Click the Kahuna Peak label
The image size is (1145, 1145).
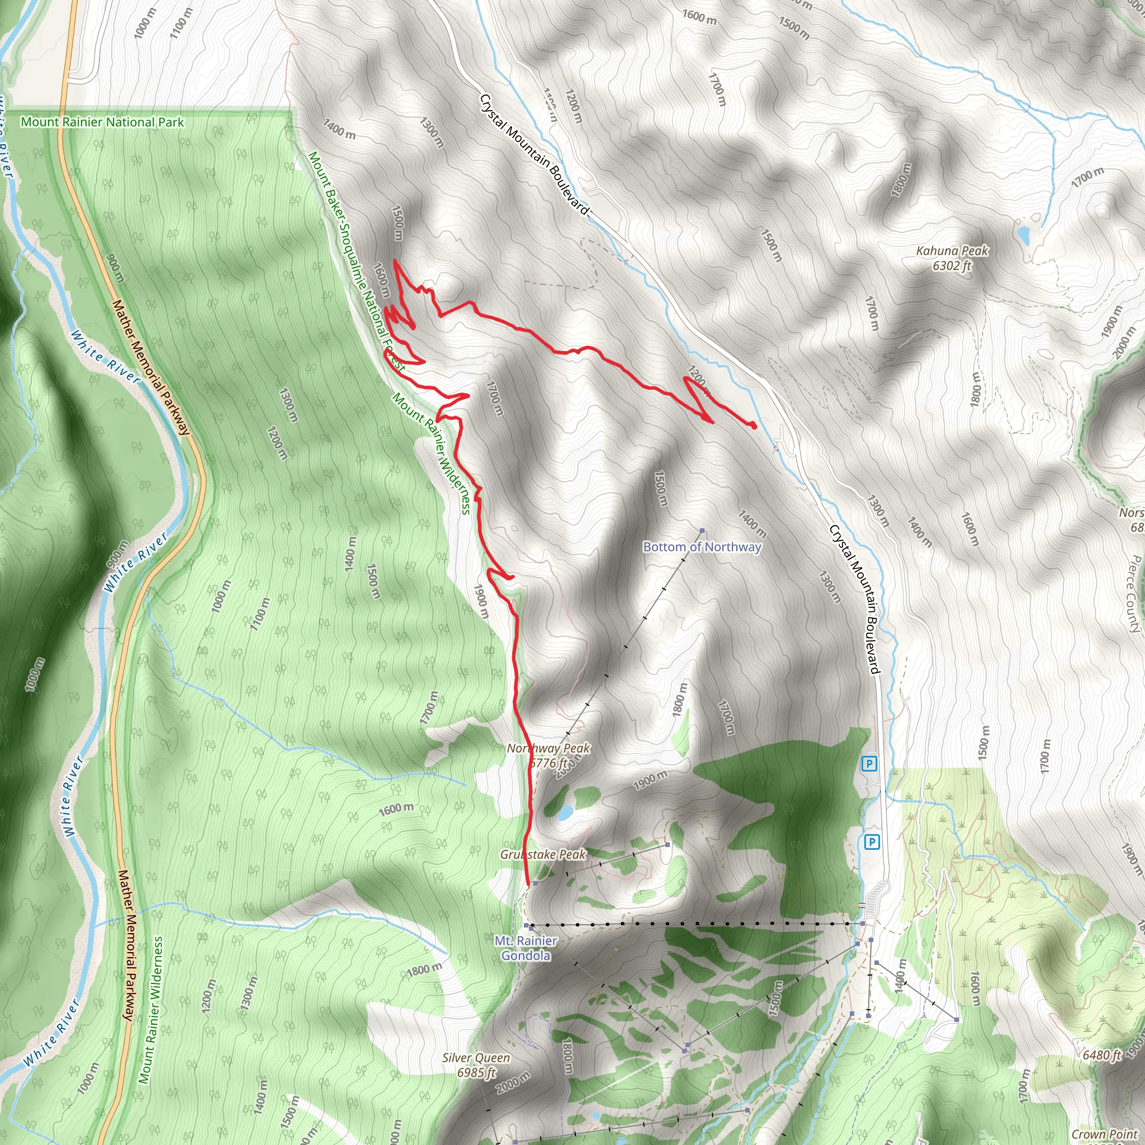952,258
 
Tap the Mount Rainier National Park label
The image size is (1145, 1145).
102,122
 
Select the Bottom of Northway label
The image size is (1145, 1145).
702,546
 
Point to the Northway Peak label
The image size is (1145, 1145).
548,755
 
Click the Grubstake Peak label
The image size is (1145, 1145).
543,854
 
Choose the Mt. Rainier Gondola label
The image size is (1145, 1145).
526,948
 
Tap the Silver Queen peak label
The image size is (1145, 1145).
476,1064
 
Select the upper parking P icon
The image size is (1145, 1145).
869,763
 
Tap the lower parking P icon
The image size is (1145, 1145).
871,841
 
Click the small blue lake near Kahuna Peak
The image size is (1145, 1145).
1023,234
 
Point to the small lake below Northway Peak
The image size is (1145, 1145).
564,811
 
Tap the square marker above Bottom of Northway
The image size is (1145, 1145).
702,531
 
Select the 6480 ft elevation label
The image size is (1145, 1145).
1102,1054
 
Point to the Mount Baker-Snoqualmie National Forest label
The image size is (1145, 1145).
356,261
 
